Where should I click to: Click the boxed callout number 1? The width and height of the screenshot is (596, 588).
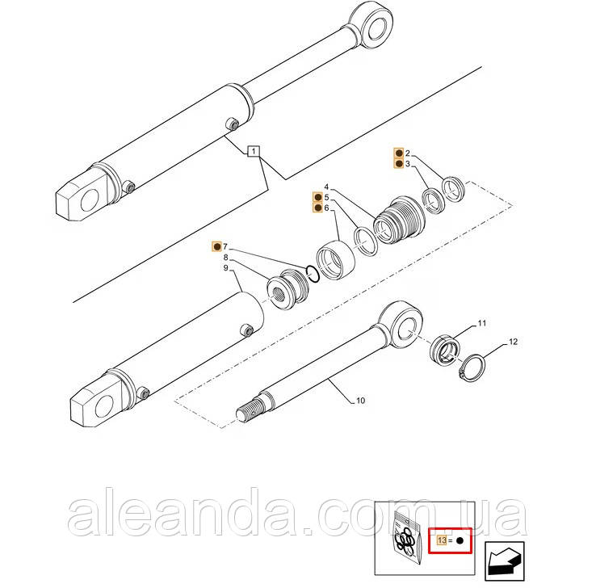[253, 151]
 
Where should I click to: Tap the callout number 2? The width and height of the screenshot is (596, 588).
[408, 153]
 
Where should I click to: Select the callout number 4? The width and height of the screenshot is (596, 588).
[326, 187]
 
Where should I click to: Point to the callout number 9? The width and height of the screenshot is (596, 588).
[226, 268]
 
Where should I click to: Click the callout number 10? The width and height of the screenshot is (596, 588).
[360, 401]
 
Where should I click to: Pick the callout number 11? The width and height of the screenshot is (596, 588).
[481, 323]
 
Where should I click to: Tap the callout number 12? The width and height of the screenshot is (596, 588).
[513, 342]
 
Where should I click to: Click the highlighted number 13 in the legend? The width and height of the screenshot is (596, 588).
[442, 540]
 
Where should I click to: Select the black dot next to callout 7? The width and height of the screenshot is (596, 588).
[217, 246]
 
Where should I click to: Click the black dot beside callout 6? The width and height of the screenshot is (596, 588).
[317, 208]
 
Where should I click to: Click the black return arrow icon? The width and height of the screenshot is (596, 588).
[505, 561]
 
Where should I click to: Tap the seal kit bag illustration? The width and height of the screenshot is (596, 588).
[407, 536]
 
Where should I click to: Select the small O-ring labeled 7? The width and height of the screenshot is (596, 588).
[313, 274]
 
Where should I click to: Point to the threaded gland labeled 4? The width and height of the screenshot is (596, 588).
[398, 220]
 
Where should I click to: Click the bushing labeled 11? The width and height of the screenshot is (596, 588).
[445, 349]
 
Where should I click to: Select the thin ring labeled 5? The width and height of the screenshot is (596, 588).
[366, 241]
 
